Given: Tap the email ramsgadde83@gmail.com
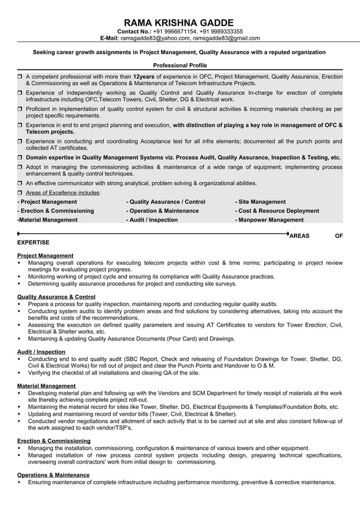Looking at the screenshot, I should pyautogui.click(x=226, y=38).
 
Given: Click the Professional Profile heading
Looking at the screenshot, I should pyautogui.click(x=180, y=66).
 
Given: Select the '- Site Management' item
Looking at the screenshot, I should pyautogui.click(x=260, y=202).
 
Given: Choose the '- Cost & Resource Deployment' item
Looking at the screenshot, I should pyautogui.click(x=276, y=211).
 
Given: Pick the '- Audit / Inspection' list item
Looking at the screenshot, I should pyautogui.click(x=152, y=220).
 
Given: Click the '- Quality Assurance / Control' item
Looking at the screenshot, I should pyautogui.click(x=166, y=202).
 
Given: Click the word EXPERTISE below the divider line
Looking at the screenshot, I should pyautogui.click(x=33, y=242).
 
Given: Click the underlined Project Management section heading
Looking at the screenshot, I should pyautogui.click(x=45, y=255).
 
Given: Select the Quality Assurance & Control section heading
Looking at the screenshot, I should pyautogui.click(x=56, y=297).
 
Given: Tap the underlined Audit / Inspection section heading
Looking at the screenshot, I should pyautogui.click(x=41, y=351).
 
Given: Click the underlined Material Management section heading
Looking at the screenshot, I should pyautogui.click(x=46, y=386).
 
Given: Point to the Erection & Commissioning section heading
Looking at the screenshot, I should pyautogui.click(x=54, y=441).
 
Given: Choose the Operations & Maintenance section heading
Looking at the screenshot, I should pyautogui.click(x=54, y=475).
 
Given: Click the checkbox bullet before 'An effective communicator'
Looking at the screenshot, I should pyautogui.click(x=20, y=184).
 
